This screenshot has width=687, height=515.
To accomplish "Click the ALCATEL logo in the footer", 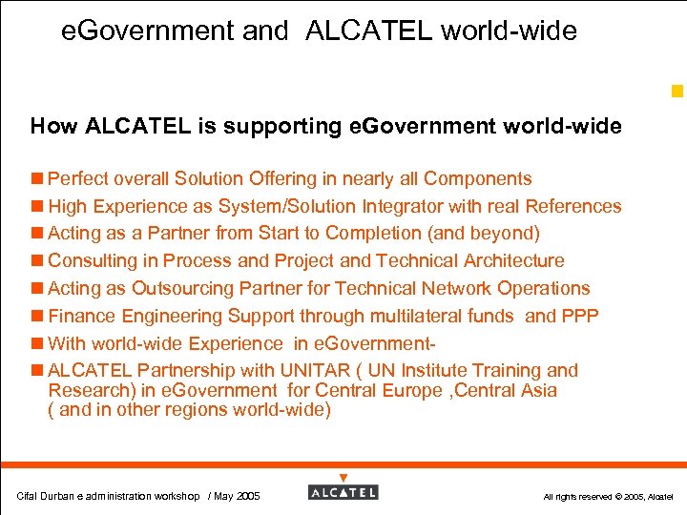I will coord(343,492).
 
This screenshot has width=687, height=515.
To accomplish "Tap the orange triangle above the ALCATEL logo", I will coord(343,477).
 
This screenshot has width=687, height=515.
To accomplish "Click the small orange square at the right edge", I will coord(677,93).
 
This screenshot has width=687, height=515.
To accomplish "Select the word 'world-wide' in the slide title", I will coord(509,31).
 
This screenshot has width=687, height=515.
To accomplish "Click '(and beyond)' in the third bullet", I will coord(488,234).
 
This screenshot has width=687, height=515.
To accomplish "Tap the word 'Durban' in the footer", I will coord(57,496).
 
